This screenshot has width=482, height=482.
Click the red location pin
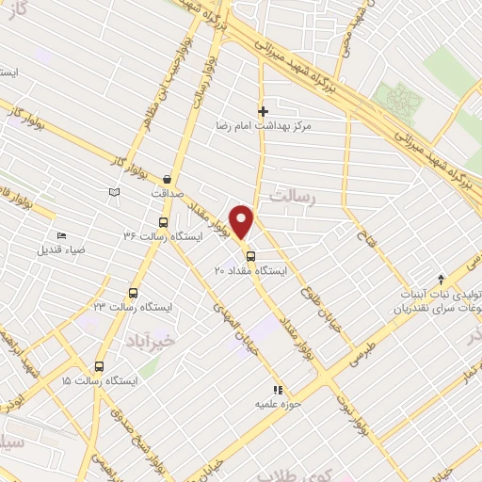(244, 222)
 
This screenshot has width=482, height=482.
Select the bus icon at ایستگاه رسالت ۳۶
(164, 223)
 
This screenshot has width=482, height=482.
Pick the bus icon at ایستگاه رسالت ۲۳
(133, 293)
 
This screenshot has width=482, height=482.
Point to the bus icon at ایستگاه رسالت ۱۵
(99, 366)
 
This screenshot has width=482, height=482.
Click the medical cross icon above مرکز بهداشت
(263, 111)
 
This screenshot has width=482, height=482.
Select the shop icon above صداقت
(168, 179)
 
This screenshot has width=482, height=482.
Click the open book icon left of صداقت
(115, 192)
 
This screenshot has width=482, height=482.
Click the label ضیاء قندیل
(61, 249)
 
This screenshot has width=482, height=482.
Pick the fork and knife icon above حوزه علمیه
(276, 389)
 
